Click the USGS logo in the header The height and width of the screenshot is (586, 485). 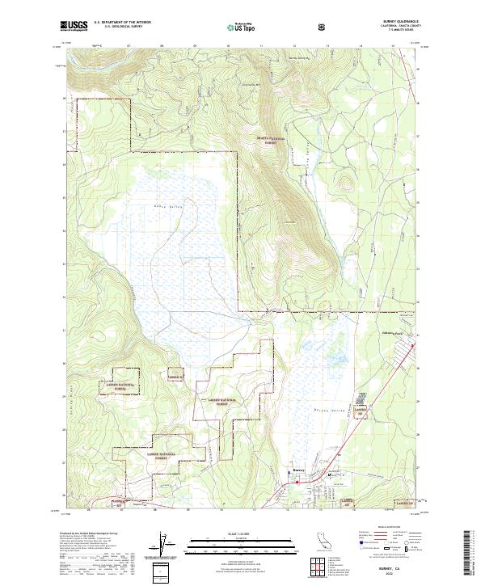click(74, 26)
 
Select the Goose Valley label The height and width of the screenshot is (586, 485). click(166, 207)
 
